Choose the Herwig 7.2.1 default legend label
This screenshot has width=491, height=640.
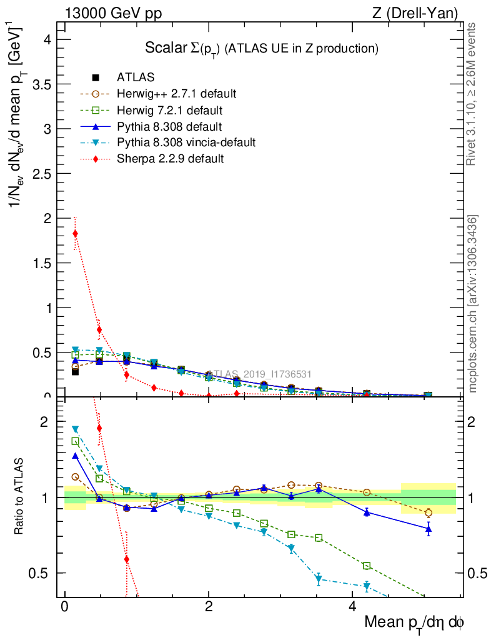169,110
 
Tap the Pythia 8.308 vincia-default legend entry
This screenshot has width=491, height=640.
186,142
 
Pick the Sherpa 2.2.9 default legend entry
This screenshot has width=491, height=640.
170,159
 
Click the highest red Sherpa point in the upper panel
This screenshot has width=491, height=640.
76,234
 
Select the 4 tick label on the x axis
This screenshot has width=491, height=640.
352,606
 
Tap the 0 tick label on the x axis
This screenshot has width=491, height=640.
64,606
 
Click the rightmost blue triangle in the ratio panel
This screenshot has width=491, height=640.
429,529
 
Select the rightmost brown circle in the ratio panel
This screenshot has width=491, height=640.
429,512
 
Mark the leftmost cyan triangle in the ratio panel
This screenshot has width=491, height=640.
76,429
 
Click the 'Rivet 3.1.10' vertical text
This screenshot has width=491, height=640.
472,94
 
